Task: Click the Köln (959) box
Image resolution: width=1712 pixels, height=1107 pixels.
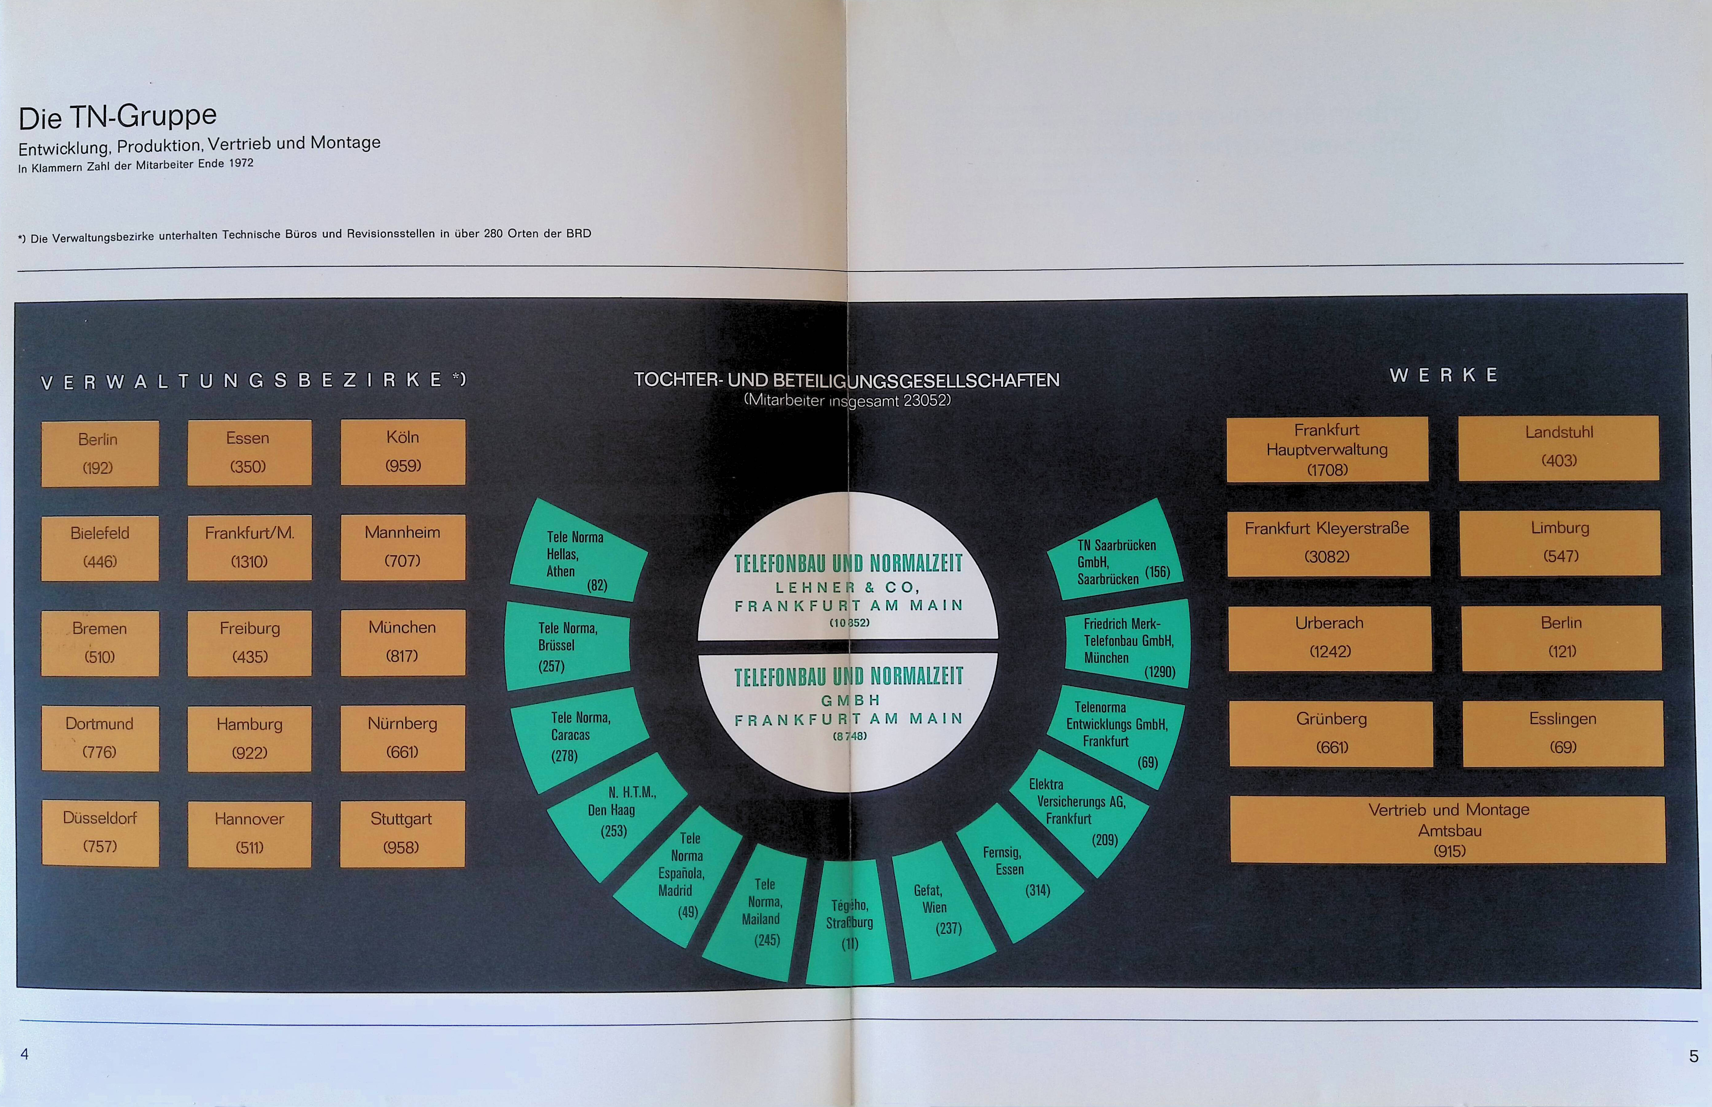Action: (x=403, y=451)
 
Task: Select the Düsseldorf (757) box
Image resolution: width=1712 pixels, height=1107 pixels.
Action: (x=100, y=833)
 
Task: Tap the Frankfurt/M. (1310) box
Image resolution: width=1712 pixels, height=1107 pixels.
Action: (x=249, y=547)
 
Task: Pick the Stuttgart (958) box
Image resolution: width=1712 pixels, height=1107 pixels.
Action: (x=402, y=833)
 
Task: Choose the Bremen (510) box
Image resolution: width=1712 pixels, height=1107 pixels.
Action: (x=100, y=643)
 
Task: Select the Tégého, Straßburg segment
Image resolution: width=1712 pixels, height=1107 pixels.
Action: (x=850, y=924)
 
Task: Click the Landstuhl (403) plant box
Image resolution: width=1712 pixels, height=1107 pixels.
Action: (x=1558, y=447)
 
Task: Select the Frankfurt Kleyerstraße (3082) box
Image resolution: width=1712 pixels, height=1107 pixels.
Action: (x=1327, y=543)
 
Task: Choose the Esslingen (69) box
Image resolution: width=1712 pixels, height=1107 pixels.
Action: (x=1563, y=733)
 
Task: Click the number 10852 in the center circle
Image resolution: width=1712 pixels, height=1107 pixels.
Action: (x=849, y=623)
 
